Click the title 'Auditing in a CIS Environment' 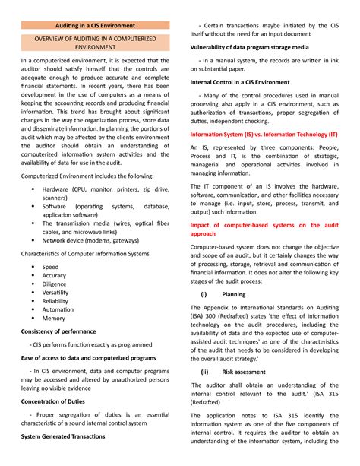pos(95,25)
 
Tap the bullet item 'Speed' pos(50,267)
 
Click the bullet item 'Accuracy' pos(55,277)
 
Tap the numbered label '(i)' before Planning pos(204,293)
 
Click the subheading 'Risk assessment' pos(244,372)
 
